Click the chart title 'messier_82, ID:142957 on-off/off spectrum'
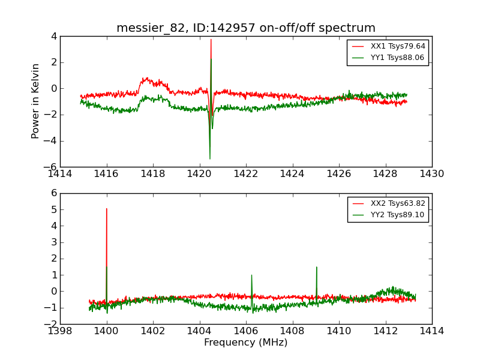pyautogui.click(x=246, y=28)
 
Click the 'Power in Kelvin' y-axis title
pyautogui.click(x=36, y=101)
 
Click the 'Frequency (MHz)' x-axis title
pyautogui.click(x=246, y=343)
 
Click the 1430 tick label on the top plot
pyautogui.click(x=432, y=174)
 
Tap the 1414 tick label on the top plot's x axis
pyautogui.click(x=60, y=174)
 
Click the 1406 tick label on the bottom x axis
pyautogui.click(x=246, y=331)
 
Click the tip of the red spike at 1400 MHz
pyautogui.click(x=107, y=209)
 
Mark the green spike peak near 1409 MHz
pyautogui.click(x=316, y=267)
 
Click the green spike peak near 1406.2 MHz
pyautogui.click(x=251, y=275)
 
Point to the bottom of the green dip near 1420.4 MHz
pyautogui.click(x=209, y=158)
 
